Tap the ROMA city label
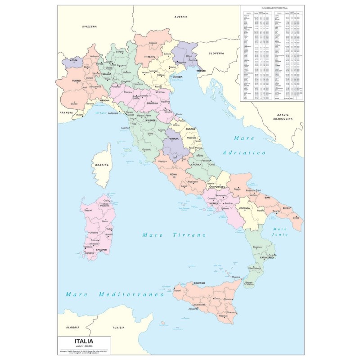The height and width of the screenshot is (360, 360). tap(174, 174)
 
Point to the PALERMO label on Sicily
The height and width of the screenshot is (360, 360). tap(190, 283)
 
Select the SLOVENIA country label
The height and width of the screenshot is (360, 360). tap(216, 53)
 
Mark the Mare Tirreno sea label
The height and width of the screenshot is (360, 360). tap(173, 235)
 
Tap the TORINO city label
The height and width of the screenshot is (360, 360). tap(76, 81)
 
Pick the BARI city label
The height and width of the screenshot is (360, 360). tap(267, 198)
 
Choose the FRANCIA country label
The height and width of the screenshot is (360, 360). tap(66, 112)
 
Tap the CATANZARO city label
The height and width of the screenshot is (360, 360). tap(266, 257)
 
